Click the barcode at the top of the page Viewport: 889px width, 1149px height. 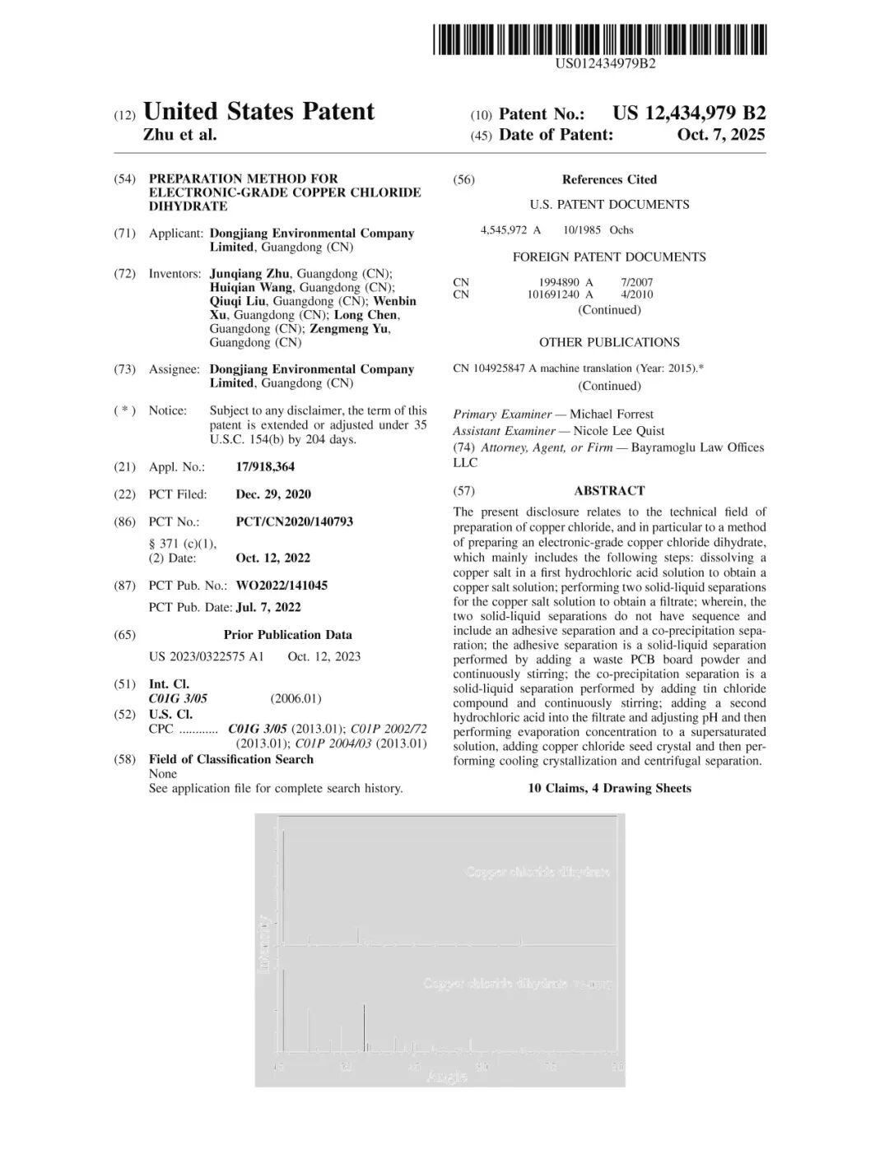click(600, 39)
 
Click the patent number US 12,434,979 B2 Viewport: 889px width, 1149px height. click(688, 114)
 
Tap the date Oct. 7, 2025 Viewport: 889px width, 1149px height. click(720, 135)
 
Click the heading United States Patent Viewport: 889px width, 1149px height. click(258, 112)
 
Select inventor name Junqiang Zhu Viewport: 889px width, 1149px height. click(249, 273)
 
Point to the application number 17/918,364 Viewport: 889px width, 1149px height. click(265, 466)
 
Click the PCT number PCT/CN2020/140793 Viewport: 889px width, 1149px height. click(294, 521)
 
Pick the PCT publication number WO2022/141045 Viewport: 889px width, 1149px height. click(282, 585)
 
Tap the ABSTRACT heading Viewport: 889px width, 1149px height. click(609, 490)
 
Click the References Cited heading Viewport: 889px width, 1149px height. click(609, 179)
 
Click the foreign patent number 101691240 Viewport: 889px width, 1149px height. click(553, 294)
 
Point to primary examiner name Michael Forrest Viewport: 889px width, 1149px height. click(612, 415)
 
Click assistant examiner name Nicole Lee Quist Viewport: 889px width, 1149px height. click(618, 431)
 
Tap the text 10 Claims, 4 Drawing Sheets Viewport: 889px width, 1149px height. click(609, 788)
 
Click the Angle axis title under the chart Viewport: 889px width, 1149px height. click(447, 1076)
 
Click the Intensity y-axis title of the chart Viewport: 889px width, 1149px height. click(263, 943)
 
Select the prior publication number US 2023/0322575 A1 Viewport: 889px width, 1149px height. click(207, 656)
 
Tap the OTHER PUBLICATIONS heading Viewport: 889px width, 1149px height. click(609, 342)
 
